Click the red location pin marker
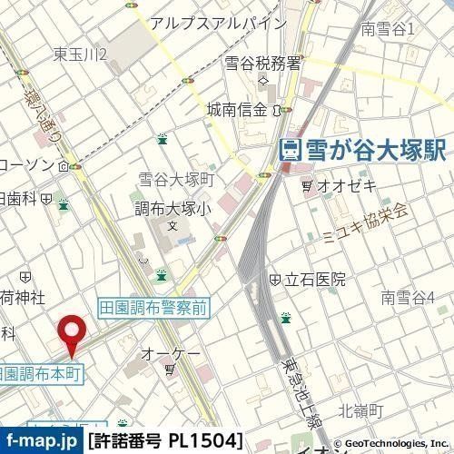(x=72, y=333)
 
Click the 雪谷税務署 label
(x=262, y=64)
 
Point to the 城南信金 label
(x=238, y=110)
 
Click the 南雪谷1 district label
(x=387, y=29)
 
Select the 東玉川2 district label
(x=81, y=55)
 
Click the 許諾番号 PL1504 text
(x=165, y=442)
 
